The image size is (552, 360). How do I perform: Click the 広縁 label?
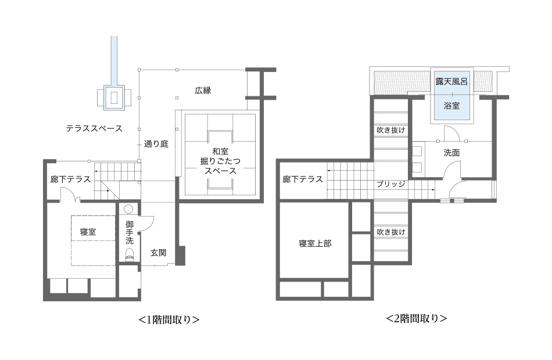tap(203, 91)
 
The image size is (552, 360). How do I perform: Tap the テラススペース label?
tap(94, 128)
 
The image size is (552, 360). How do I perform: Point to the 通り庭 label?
tap(156, 144)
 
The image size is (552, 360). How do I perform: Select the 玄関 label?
tap(159, 253)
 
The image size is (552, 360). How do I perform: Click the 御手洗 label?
tap(129, 232)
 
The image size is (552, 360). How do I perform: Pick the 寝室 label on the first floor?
tap(88, 232)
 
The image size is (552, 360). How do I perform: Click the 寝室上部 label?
tap(315, 243)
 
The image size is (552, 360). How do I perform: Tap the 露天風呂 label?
tap(451, 82)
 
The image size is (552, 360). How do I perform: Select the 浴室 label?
tap(451, 106)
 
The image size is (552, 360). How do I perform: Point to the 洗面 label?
tap(451, 153)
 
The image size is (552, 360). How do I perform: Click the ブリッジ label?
tap(391, 184)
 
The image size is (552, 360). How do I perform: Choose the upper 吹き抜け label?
tap(391, 130)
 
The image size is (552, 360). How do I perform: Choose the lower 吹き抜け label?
tap(391, 232)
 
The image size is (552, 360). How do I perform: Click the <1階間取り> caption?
tap(169, 319)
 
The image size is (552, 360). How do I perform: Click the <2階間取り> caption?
tap(417, 318)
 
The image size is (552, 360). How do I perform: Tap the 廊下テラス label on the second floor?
tap(303, 179)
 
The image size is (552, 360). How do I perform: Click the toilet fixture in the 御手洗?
tap(129, 255)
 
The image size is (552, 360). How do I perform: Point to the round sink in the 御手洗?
tap(128, 210)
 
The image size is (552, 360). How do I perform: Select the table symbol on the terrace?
tap(114, 98)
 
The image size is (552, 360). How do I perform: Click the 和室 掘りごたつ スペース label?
tap(220, 161)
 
